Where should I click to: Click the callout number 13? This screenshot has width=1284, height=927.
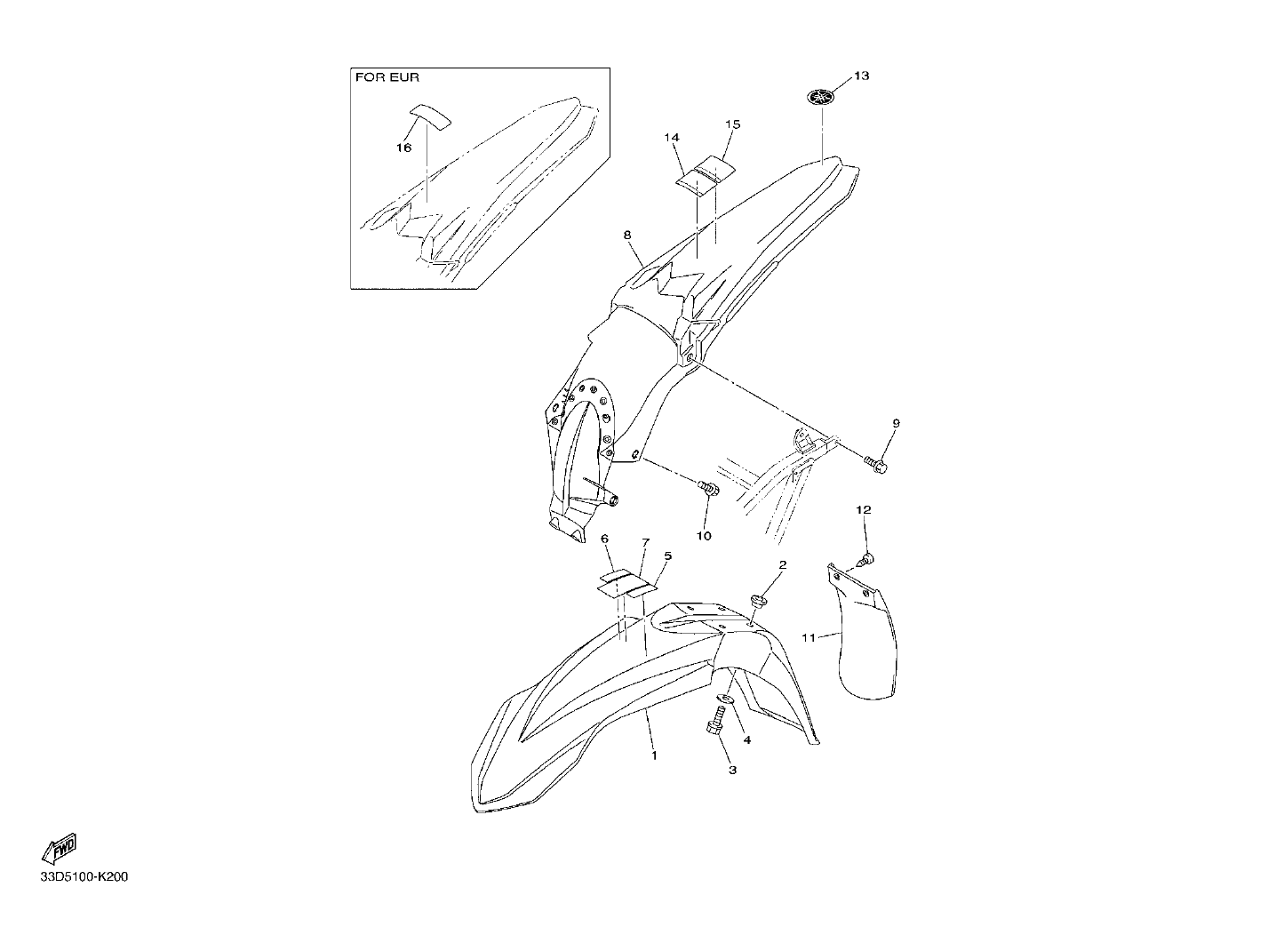(862, 76)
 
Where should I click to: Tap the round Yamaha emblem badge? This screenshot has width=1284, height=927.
(821, 97)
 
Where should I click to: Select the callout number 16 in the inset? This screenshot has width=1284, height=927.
(404, 148)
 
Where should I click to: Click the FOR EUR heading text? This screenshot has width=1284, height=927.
(387, 77)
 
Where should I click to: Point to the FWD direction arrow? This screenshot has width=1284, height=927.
(59, 849)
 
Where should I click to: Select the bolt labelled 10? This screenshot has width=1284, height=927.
(708, 489)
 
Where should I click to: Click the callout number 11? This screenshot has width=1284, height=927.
(809, 637)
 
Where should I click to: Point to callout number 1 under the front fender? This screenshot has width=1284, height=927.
(654, 755)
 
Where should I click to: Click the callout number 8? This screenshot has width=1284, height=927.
(627, 235)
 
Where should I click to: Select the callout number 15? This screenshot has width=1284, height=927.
(732, 124)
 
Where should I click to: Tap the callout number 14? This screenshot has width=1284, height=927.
(672, 138)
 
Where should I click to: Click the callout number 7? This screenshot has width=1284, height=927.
(646, 542)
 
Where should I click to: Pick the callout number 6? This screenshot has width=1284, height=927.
(604, 539)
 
